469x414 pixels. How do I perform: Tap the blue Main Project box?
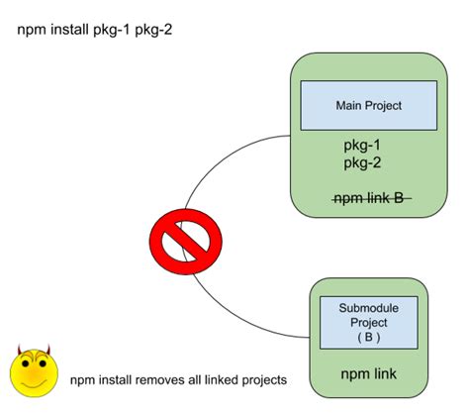(368, 104)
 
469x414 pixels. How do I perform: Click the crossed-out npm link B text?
(368, 197)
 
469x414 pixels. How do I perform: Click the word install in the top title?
(70, 31)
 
